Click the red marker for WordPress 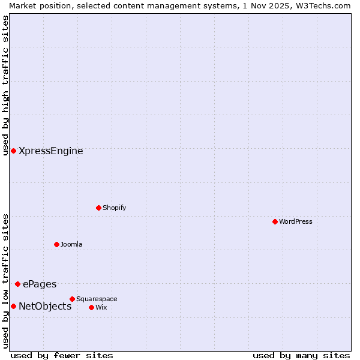pyautogui.click(x=275, y=221)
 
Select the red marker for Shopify pyautogui.click(x=98, y=208)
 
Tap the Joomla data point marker pyautogui.click(x=56, y=244)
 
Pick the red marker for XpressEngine pyautogui.click(x=13, y=151)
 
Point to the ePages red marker pyautogui.click(x=17, y=284)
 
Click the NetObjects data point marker pyautogui.click(x=13, y=306)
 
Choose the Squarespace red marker pyautogui.click(x=72, y=299)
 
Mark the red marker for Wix pyautogui.click(x=91, y=307)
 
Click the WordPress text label pyautogui.click(x=296, y=221)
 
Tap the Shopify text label pyautogui.click(x=114, y=208)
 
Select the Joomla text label pyautogui.click(x=71, y=244)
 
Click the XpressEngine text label pyautogui.click(x=51, y=151)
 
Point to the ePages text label pyautogui.click(x=40, y=284)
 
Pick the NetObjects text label pyautogui.click(x=45, y=307)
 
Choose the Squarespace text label pyautogui.click(x=97, y=299)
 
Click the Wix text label pyautogui.click(x=101, y=307)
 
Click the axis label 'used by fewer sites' pyautogui.click(x=62, y=355)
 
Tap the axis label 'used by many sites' pyautogui.click(x=301, y=355)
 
